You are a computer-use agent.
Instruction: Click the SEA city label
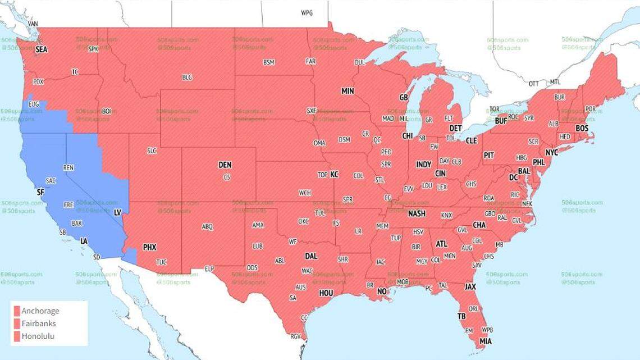click(x=42, y=49)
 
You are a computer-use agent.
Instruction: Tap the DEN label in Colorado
click(x=225, y=165)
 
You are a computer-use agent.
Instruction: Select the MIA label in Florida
click(x=485, y=341)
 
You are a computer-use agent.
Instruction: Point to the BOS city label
click(x=582, y=129)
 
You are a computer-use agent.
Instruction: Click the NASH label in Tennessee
click(x=417, y=213)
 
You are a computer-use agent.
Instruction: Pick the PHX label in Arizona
click(x=149, y=247)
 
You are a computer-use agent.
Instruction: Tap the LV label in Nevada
click(x=117, y=212)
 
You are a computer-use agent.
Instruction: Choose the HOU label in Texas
click(x=326, y=293)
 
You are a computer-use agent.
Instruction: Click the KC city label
click(x=334, y=175)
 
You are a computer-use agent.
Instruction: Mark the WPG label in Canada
click(x=307, y=12)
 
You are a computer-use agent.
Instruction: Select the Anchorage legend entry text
click(x=40, y=311)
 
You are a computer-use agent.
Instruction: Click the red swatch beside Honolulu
click(x=17, y=336)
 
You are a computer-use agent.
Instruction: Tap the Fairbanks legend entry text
click(x=39, y=323)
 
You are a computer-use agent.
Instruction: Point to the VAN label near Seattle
click(x=33, y=24)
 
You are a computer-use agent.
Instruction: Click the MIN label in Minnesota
click(x=348, y=91)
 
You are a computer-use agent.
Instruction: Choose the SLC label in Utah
click(x=152, y=151)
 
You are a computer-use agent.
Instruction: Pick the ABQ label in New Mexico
click(x=207, y=227)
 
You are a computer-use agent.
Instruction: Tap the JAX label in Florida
click(x=470, y=286)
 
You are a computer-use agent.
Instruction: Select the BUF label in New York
click(x=501, y=121)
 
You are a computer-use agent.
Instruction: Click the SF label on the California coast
click(x=40, y=192)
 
